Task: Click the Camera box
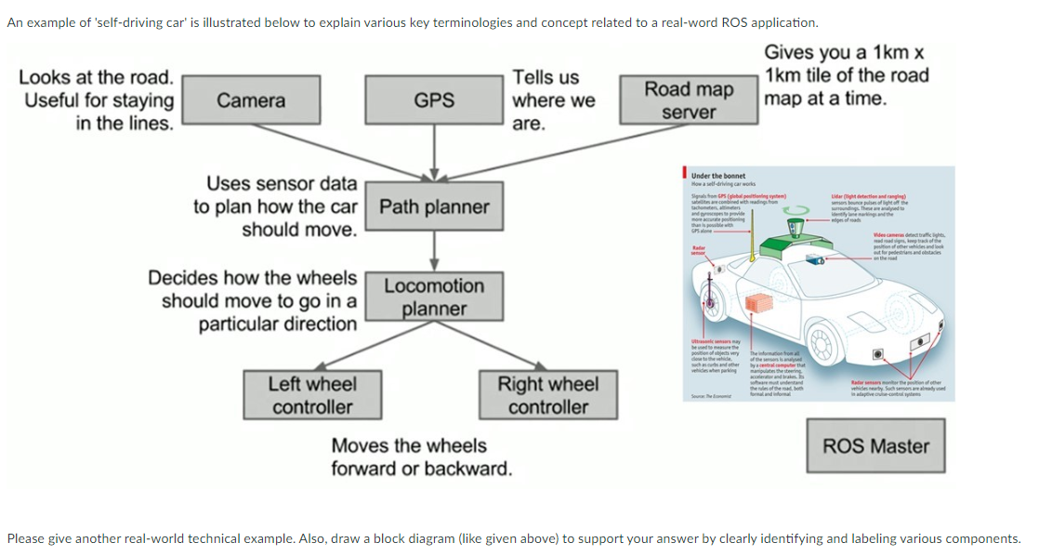pyautogui.click(x=251, y=100)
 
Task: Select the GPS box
pyautogui.click(x=434, y=100)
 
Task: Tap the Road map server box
pyautogui.click(x=689, y=100)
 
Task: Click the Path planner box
pyautogui.click(x=434, y=206)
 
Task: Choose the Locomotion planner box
pyautogui.click(x=434, y=297)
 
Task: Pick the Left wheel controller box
pyautogui.click(x=311, y=395)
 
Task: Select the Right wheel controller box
pyautogui.click(x=547, y=395)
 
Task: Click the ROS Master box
pyautogui.click(x=875, y=446)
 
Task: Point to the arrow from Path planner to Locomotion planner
pyautogui.click(x=434, y=249)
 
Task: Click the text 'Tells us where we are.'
pyautogui.click(x=552, y=100)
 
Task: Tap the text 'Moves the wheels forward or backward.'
pyautogui.click(x=421, y=457)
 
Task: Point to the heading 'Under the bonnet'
pyautogui.click(x=718, y=176)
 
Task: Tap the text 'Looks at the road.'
pyautogui.click(x=97, y=77)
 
